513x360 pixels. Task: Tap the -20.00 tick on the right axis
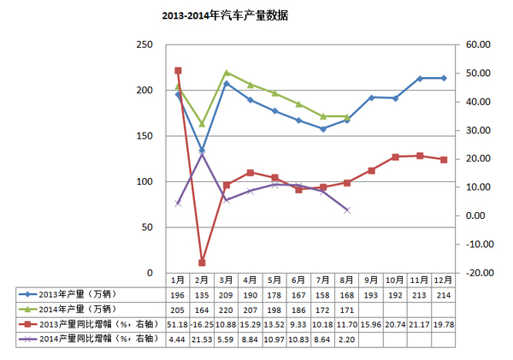tap(476, 273)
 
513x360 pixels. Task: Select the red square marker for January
tap(178, 70)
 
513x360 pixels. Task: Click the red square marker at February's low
tap(202, 263)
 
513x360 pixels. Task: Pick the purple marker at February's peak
tap(202, 155)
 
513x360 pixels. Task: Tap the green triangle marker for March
tap(227, 73)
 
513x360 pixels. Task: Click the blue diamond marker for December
tap(443, 78)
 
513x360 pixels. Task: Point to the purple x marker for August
tap(346, 210)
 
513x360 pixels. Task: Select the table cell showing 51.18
tap(178, 325)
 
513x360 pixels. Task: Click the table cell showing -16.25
tap(202, 325)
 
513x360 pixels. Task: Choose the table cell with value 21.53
tap(202, 339)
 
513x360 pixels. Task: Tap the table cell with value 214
tap(443, 295)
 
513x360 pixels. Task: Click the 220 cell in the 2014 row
tap(227, 310)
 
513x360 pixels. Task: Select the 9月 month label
tap(370, 280)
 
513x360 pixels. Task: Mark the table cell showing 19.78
tap(443, 325)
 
